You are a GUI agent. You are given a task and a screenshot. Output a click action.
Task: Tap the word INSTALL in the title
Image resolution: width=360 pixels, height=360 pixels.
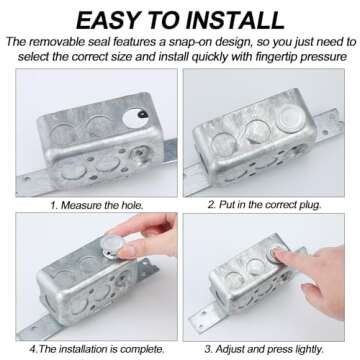coord(236,20)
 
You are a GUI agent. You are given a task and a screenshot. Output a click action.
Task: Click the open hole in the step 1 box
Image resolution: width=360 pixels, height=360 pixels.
coord(136,117)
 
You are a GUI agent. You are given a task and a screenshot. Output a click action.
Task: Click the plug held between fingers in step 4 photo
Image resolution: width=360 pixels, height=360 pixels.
coord(114,245)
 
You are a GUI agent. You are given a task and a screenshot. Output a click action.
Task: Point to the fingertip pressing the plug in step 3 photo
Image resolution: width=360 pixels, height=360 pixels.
coord(279,254)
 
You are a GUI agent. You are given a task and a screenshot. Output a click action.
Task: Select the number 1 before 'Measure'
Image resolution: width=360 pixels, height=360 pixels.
coord(53,205)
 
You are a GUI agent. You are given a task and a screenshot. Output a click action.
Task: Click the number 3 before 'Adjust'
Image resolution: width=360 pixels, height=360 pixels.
coord(208,349)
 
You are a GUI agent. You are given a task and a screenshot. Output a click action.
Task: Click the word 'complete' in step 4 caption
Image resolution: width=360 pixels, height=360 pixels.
coord(143,350)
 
